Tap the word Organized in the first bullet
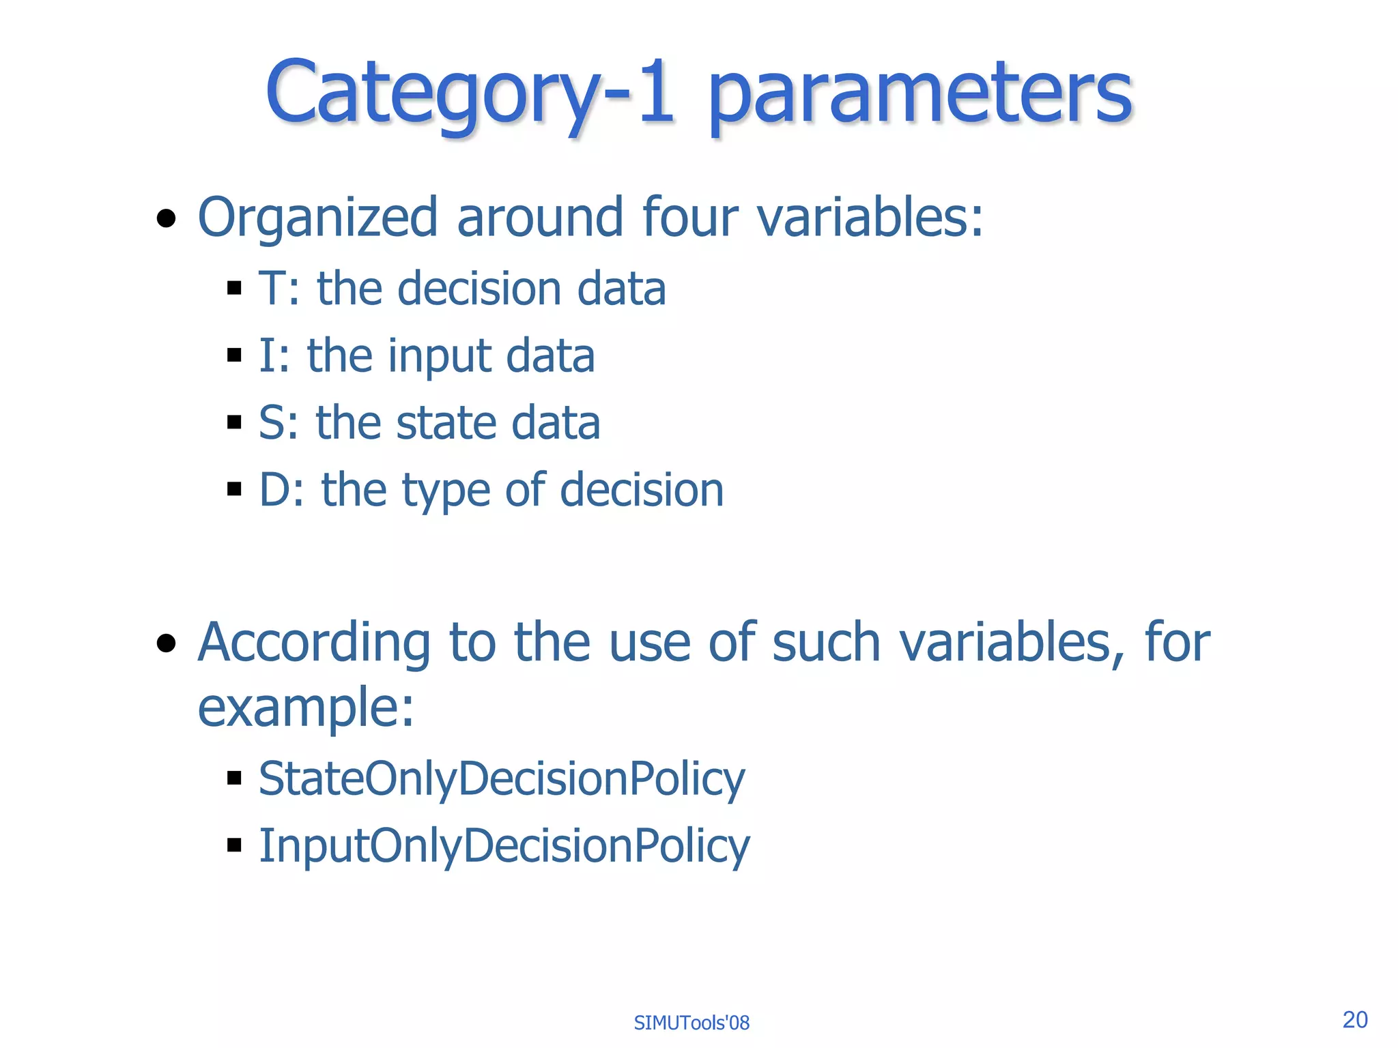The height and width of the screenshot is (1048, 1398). [317, 217]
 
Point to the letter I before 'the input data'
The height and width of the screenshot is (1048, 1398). [266, 355]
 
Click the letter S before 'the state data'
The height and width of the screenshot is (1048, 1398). [274, 422]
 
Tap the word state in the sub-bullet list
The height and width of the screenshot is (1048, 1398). [445, 422]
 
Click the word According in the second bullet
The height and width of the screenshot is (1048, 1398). [313, 642]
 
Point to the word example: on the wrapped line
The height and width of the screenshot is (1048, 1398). [306, 708]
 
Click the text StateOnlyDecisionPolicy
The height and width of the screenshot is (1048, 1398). [502, 778]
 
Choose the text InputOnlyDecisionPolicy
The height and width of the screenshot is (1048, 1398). [504, 846]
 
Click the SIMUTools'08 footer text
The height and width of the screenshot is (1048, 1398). [691, 1023]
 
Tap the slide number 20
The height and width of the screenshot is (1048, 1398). [1354, 1019]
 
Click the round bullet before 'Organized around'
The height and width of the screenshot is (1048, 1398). [166, 219]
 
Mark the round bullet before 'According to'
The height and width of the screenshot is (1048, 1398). [166, 643]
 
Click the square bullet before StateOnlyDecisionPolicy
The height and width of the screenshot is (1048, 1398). [235, 778]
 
